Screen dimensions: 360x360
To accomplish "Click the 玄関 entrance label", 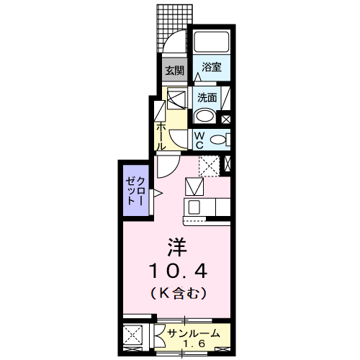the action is coord(175,71).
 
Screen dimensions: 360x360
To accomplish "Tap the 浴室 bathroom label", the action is coord(212,67).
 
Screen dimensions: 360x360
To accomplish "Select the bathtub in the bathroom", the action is coord(212,42).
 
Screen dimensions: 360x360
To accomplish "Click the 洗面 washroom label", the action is coord(207,98).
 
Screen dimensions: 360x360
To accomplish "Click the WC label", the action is coord(199,140).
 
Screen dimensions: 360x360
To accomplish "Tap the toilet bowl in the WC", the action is coord(218,140).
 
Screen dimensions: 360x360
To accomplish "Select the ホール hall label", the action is coord(161,137).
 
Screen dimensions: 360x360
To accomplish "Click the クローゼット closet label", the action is coord(136,191).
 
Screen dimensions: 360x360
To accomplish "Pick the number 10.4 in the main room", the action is coord(178,271).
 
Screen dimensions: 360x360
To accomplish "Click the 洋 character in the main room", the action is coord(177,247).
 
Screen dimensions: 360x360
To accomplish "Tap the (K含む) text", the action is coord(179,293).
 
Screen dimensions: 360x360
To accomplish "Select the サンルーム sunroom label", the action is coord(194,333).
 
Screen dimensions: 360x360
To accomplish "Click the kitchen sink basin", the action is coord(194,207).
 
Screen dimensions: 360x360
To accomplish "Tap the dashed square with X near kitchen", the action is coord(210,166).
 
